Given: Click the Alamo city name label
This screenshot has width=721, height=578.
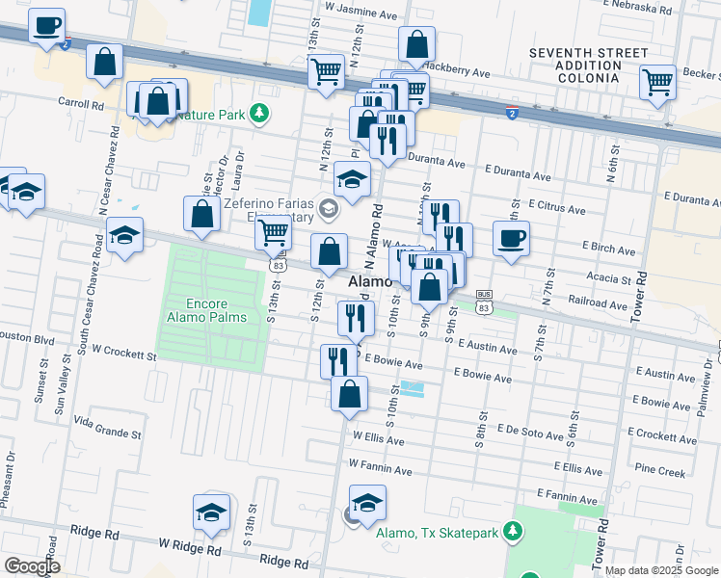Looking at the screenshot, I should coord(369,282).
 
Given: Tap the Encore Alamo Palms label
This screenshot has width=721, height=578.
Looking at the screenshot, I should coord(205,308).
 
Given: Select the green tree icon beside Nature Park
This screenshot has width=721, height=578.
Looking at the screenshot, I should coord(258,115).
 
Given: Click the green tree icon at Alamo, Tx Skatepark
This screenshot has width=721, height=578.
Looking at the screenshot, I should coord(514,532).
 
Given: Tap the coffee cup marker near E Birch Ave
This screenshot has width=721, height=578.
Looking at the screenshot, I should coord(511,238).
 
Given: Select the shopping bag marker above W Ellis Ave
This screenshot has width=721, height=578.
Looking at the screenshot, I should coord(349,393).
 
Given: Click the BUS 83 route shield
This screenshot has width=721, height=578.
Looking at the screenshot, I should coord(484,301).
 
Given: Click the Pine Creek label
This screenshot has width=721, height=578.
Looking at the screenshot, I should coord(660,472).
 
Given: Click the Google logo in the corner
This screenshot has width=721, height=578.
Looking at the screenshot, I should coord(32,566).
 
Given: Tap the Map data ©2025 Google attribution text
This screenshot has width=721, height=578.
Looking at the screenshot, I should coord(661,570).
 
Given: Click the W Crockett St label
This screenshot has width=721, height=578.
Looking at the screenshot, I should coord(113,355).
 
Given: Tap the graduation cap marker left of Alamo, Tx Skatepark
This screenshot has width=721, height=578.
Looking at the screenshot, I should coord(367,503).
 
